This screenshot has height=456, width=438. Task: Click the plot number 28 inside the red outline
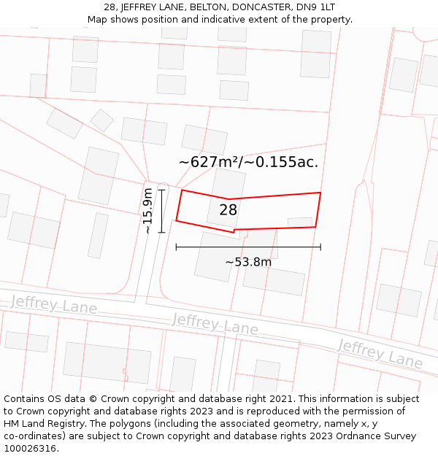pos(228,210)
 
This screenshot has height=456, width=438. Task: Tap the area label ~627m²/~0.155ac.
pos(248,162)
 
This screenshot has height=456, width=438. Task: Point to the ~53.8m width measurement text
pos(248,262)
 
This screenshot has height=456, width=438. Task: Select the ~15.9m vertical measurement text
pos(148,211)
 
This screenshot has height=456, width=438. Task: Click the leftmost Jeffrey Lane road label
pos(54,304)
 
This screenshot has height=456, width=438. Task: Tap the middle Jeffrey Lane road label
pos(215,324)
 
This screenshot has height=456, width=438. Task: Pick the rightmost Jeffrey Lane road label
pos(380,353)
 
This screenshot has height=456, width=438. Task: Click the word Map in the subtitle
pos(98,20)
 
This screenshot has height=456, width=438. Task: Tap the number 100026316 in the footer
pos(30,449)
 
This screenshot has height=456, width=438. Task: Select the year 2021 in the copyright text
pos(282,399)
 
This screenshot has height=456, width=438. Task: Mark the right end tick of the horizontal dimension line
pos(320,247)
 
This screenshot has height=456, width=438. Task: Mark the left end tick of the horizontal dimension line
pos(176,247)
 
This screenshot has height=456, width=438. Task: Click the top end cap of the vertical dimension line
pos(162,190)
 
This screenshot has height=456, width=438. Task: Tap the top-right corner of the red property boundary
pos(320,193)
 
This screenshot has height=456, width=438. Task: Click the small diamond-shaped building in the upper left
pos(102,120)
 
